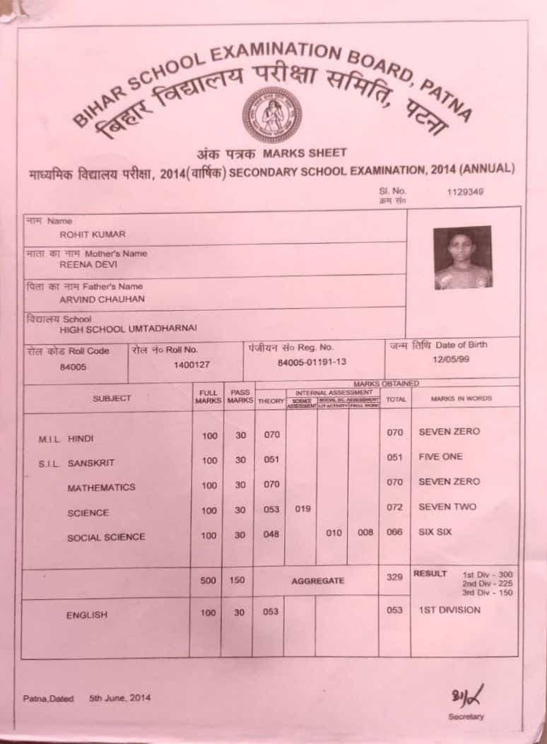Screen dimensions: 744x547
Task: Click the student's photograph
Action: [x=463, y=257]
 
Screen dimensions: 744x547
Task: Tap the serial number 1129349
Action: [x=465, y=191]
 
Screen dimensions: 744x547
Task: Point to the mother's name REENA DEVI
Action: [x=88, y=264]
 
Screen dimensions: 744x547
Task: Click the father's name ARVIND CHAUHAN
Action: [x=92, y=298]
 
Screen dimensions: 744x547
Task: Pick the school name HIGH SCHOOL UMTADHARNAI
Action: [x=128, y=329]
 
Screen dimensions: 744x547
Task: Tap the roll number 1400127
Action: [x=192, y=365]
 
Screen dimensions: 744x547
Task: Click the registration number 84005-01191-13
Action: [x=312, y=362]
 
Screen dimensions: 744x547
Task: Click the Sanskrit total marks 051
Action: [x=394, y=458]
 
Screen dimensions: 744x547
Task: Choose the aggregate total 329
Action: [x=394, y=578]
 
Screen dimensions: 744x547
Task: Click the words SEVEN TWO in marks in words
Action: [x=447, y=507]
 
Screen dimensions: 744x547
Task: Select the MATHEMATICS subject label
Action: [x=101, y=488]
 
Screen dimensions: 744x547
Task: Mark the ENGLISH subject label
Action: [x=87, y=615]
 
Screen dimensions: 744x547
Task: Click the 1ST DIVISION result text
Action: [x=449, y=610]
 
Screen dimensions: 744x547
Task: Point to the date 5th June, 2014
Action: [x=119, y=699]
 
